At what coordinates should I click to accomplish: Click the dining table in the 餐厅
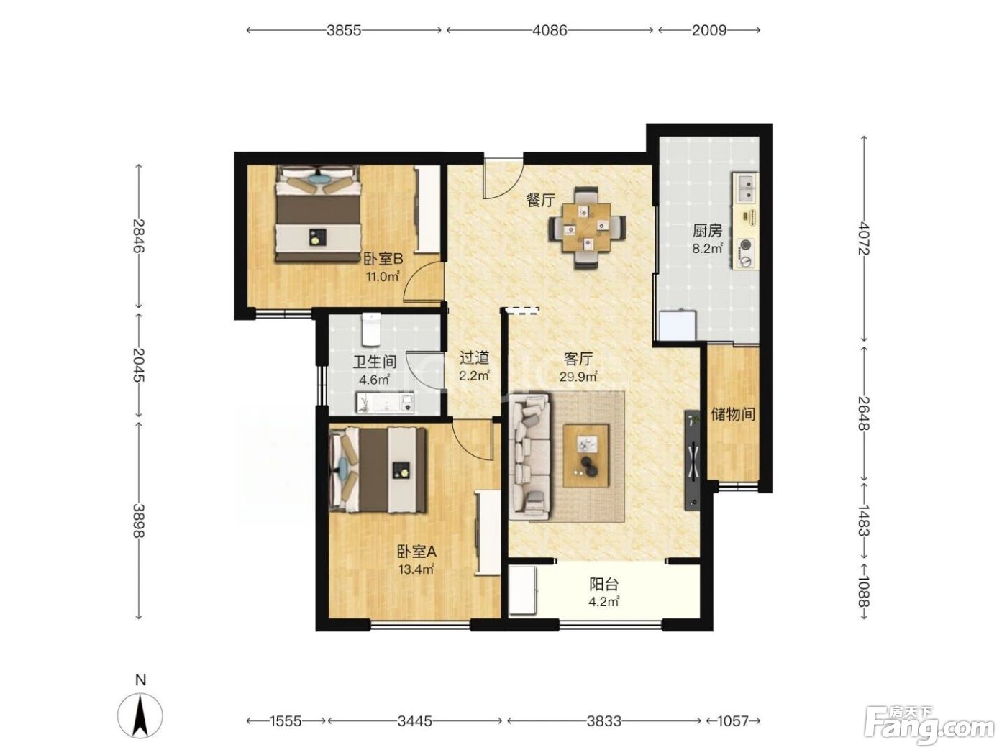tap(587, 227)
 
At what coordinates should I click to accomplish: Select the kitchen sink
tap(745, 188)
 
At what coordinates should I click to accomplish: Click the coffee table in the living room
tap(585, 456)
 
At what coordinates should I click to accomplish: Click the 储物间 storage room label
tap(733, 414)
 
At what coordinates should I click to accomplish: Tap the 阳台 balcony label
tap(603, 584)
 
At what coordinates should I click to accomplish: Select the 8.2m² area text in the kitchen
tap(707, 249)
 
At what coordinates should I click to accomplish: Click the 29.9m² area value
tap(578, 377)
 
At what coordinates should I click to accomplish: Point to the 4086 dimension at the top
tap(550, 30)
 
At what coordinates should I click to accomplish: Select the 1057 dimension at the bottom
tap(733, 721)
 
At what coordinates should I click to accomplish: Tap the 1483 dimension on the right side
tap(864, 521)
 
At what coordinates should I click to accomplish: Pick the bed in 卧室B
tap(317, 214)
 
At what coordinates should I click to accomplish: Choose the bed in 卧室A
tap(378, 470)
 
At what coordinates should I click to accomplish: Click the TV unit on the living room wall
tap(692, 460)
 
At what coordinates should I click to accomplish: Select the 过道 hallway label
tap(474, 357)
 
